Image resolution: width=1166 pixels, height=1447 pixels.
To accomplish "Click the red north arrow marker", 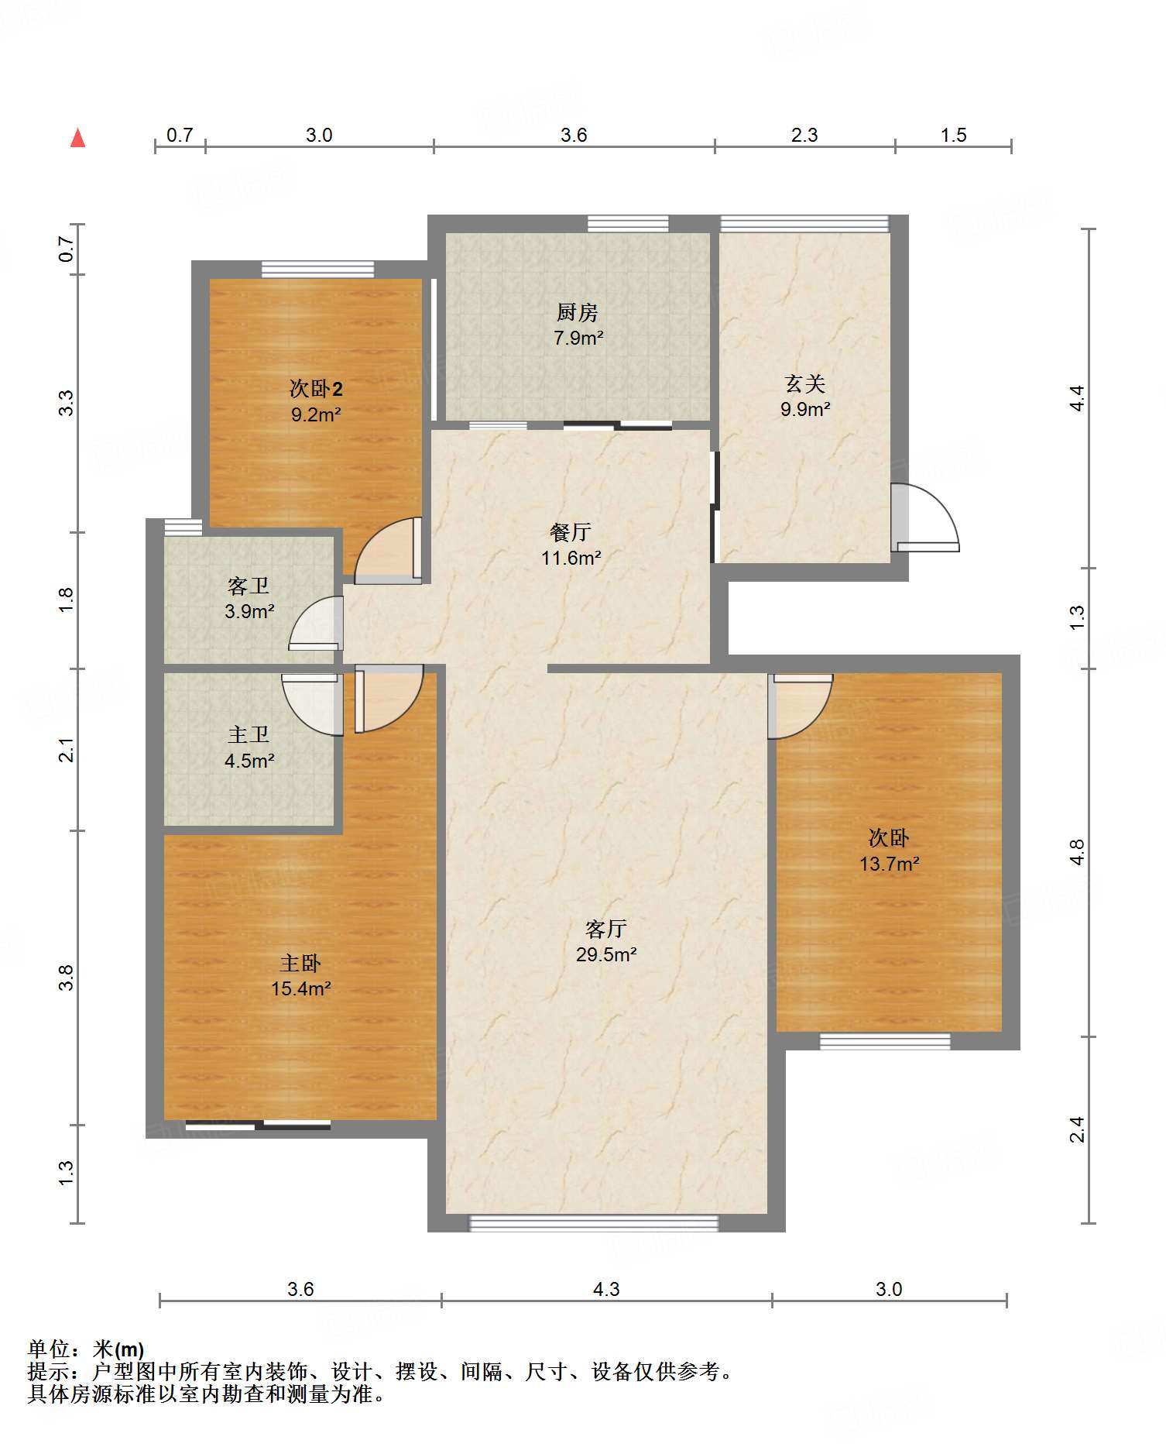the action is (x=77, y=138).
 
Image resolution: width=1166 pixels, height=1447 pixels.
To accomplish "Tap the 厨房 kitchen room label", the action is (x=578, y=312).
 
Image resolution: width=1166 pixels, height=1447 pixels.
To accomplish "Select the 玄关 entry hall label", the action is (x=805, y=383).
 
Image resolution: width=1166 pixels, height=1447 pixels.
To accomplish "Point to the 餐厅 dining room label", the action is (x=571, y=532).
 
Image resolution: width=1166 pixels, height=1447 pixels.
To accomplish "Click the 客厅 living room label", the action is (x=606, y=929).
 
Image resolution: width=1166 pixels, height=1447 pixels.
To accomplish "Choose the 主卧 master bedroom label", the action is (x=300, y=963).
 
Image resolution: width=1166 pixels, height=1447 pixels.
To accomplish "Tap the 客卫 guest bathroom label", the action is (x=249, y=586).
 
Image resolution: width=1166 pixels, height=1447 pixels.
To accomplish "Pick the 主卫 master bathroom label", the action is (x=249, y=734).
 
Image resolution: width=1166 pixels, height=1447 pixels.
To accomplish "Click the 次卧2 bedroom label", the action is (x=316, y=388).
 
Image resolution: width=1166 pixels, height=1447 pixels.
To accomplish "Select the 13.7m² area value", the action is (x=889, y=864).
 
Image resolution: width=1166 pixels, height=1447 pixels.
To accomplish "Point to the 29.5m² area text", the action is (x=606, y=954).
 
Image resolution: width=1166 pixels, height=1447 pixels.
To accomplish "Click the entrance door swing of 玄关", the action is (x=925, y=517).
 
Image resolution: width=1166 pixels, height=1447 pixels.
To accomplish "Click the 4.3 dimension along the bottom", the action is (x=606, y=1290).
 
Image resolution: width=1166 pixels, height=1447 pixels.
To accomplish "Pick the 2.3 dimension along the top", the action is (x=804, y=136).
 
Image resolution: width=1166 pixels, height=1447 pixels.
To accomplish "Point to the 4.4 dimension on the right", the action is (x=1078, y=398).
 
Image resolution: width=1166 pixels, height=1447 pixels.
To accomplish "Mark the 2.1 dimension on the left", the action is (x=67, y=750).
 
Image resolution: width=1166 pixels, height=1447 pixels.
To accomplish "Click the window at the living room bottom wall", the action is (x=594, y=1223).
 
